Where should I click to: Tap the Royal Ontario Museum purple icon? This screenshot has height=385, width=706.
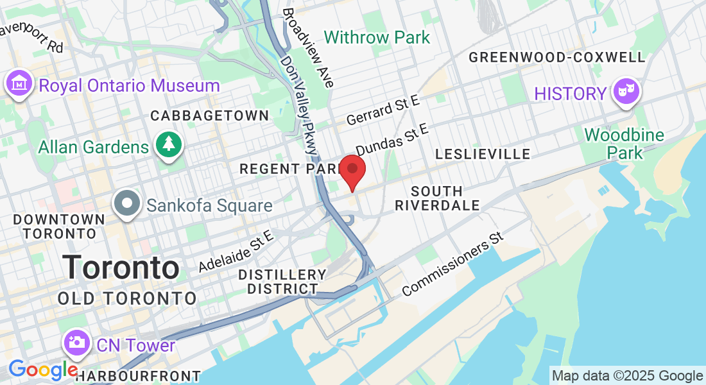click(19, 84)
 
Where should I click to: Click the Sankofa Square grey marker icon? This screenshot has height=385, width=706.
click(127, 204)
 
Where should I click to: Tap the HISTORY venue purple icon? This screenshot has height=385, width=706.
click(623, 92)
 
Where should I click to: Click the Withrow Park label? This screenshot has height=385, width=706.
click(377, 37)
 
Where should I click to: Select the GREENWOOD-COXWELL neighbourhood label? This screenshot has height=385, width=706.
click(556, 57)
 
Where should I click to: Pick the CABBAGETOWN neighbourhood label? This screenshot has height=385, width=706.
click(209, 116)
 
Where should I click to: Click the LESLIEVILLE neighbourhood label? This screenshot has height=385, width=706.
click(483, 154)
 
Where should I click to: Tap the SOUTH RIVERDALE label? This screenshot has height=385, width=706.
click(437, 198)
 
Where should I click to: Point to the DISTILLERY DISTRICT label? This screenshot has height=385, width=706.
click(278, 282)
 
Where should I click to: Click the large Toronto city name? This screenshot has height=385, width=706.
click(121, 267)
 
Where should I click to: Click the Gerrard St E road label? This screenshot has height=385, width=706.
click(383, 111)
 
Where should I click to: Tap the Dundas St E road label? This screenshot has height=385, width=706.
click(392, 140)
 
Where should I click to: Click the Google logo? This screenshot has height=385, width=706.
click(44, 370)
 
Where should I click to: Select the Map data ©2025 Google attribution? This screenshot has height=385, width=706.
click(628, 376)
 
